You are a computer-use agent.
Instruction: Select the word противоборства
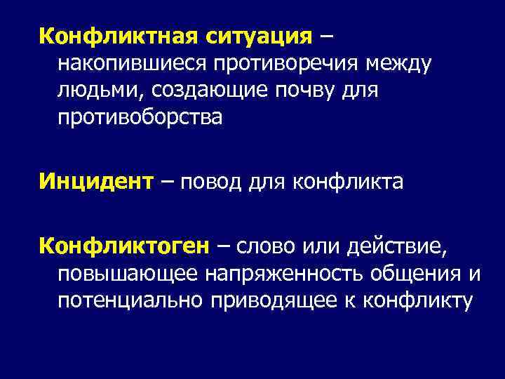pos(140,117)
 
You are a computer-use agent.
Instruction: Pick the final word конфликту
pos(415,301)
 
